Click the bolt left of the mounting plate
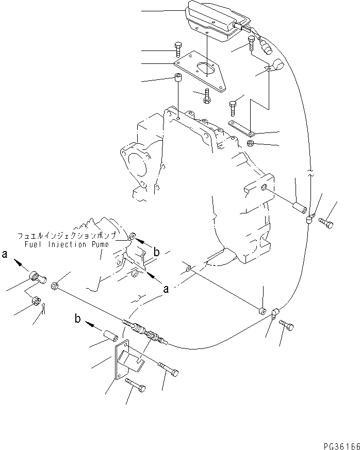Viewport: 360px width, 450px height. click(178, 49)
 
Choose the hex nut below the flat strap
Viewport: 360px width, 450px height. click(249, 143)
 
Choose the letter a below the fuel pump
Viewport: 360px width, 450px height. click(166, 290)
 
